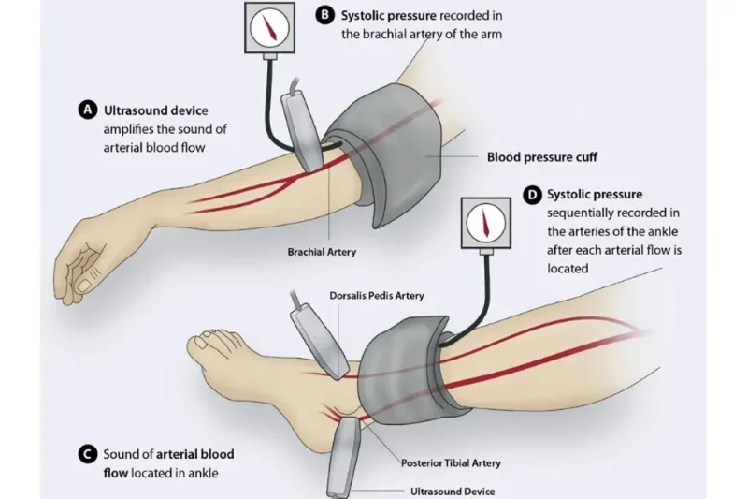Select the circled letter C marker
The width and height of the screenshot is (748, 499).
pyautogui.click(x=88, y=454)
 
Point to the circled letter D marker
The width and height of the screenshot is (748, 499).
pyautogui.click(x=533, y=195)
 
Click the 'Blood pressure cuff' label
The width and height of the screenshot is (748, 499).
pyautogui.click(x=542, y=157)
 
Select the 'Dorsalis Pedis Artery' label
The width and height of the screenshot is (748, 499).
pyautogui.click(x=377, y=296)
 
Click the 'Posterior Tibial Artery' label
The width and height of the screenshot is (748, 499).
pyautogui.click(x=451, y=462)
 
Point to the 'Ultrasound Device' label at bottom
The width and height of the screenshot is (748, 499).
pyautogui.click(x=453, y=491)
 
